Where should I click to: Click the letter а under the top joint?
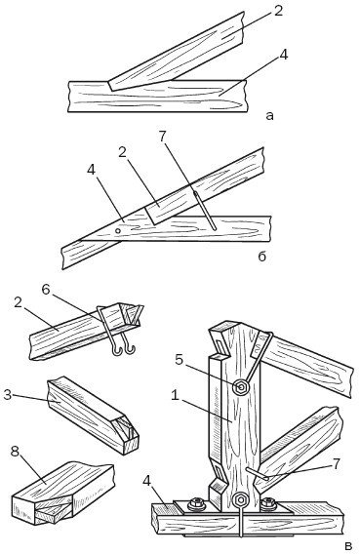tap(268, 115)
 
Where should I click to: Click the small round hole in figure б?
tap(118, 232)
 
